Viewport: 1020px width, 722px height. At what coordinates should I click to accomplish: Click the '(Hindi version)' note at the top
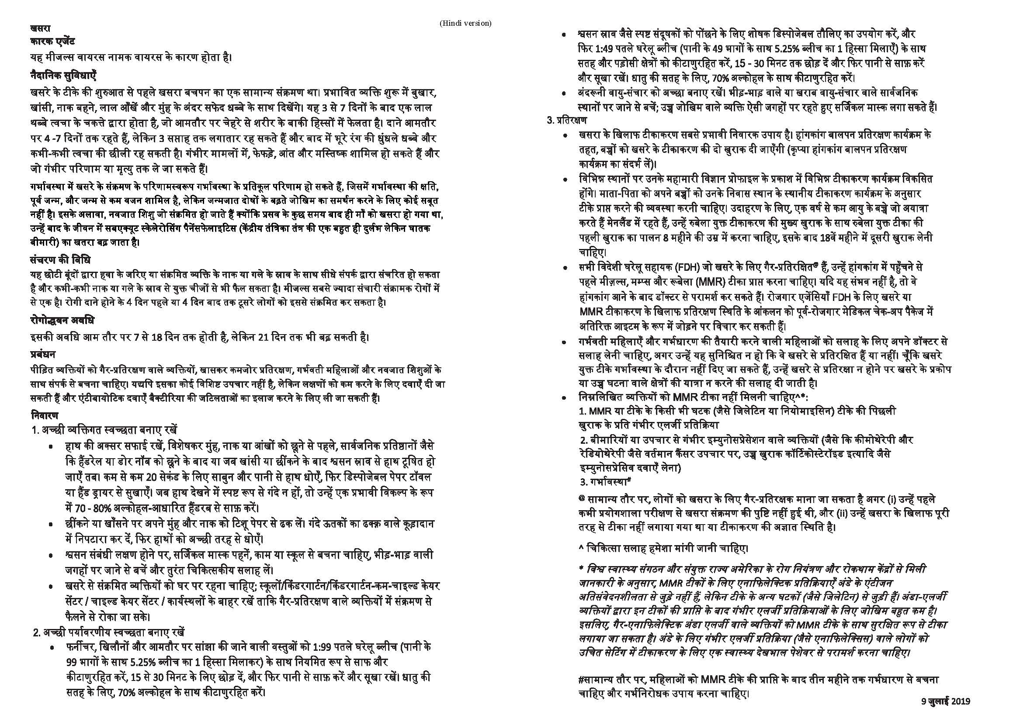(465, 23)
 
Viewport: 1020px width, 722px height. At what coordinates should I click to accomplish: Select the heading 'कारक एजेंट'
(52, 42)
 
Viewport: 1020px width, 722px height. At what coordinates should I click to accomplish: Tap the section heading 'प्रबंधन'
(43, 354)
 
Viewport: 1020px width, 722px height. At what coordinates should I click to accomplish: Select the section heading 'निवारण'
(45, 416)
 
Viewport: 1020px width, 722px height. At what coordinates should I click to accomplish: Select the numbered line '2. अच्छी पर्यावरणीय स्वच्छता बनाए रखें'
(109, 632)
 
